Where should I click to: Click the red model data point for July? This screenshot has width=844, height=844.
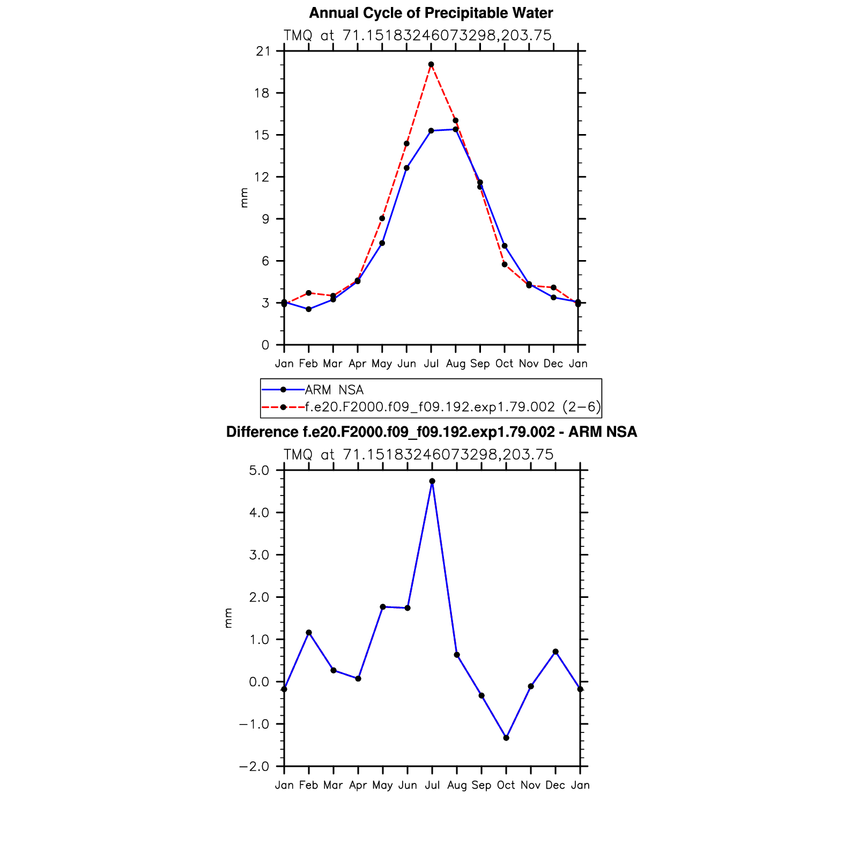(431, 64)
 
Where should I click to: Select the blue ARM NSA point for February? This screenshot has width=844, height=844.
(308, 309)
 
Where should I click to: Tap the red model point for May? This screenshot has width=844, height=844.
(382, 218)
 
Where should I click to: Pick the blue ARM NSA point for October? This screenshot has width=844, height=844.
(505, 246)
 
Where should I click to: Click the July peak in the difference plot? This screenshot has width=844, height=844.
(432, 481)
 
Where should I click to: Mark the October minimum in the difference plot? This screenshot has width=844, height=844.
(506, 738)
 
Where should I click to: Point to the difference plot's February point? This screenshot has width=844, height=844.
(309, 633)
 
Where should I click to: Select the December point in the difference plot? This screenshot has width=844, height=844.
(556, 651)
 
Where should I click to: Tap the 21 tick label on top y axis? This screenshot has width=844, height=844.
(263, 51)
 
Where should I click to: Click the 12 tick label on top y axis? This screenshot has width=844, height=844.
(263, 177)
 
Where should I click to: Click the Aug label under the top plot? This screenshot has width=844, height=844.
(456, 364)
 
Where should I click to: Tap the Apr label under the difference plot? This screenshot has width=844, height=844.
(358, 785)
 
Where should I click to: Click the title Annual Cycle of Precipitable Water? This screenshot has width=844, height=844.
(431, 13)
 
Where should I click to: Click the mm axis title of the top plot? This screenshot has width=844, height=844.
(245, 198)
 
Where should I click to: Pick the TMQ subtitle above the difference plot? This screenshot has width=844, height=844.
(418, 455)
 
